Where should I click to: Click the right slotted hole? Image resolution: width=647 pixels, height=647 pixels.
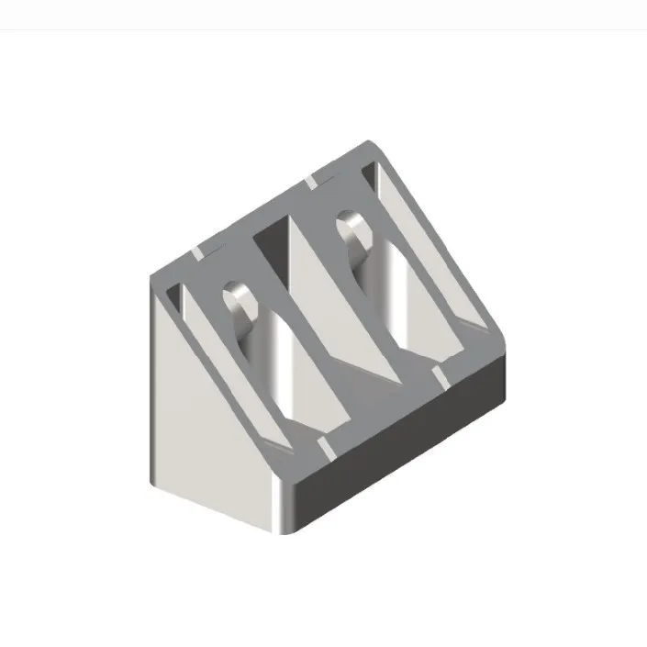(x=352, y=233)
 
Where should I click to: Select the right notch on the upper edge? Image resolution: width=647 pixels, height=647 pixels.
(x=312, y=181)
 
